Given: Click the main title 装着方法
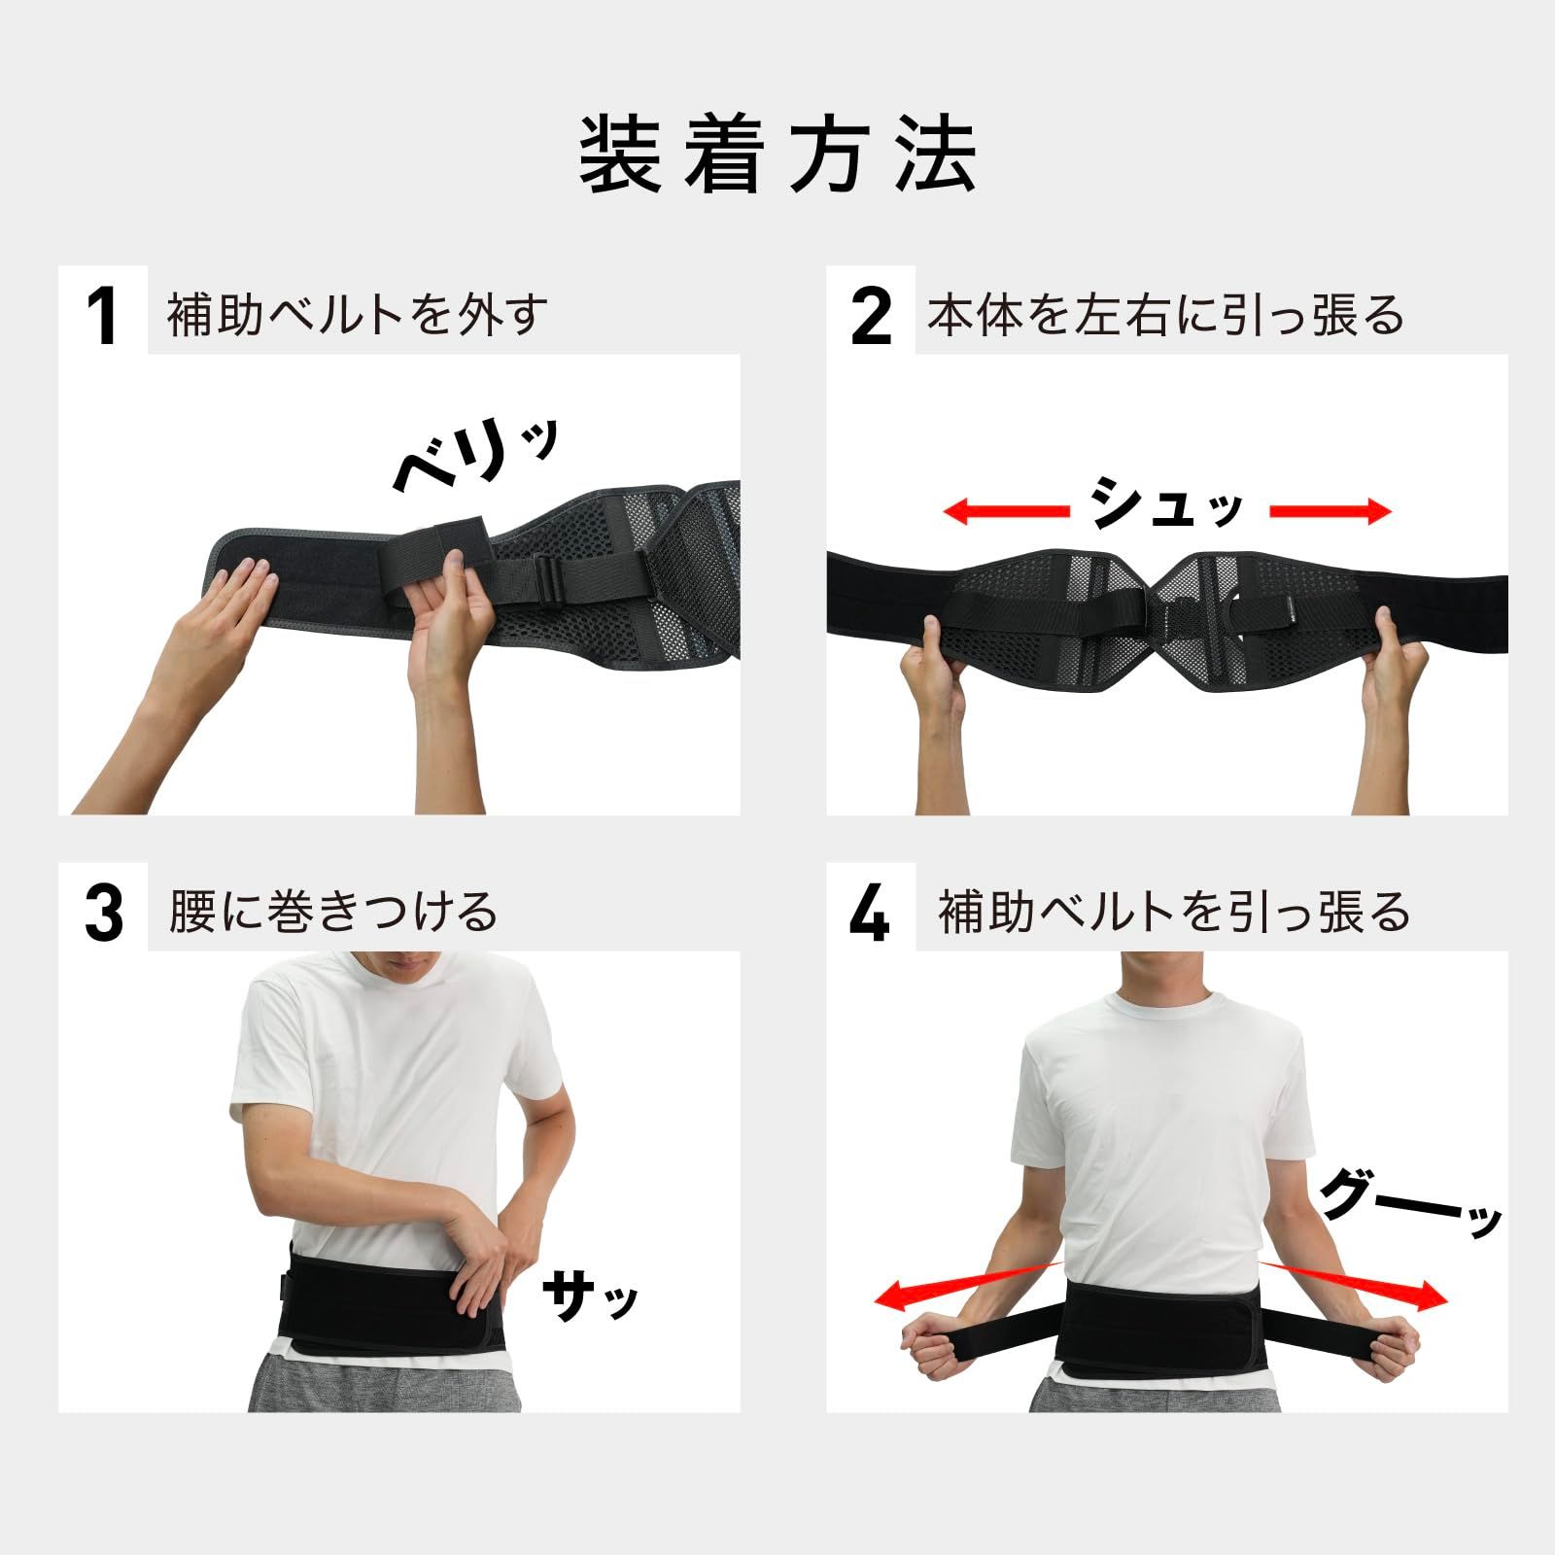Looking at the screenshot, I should (x=777, y=155).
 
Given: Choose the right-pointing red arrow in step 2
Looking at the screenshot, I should (x=1331, y=511).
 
